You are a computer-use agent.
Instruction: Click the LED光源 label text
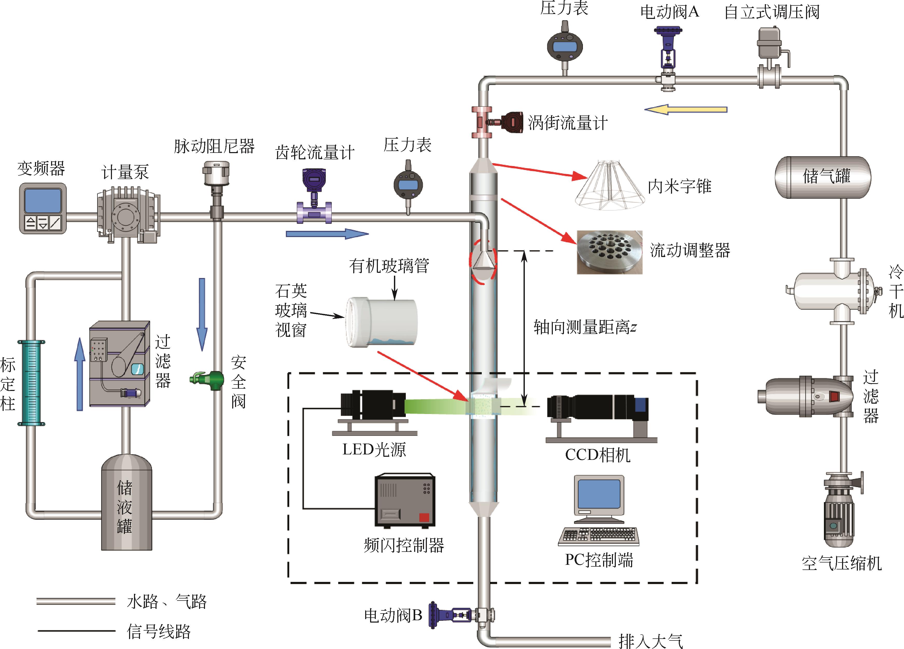(x=374, y=450)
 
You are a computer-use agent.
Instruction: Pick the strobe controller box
(x=405, y=501)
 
